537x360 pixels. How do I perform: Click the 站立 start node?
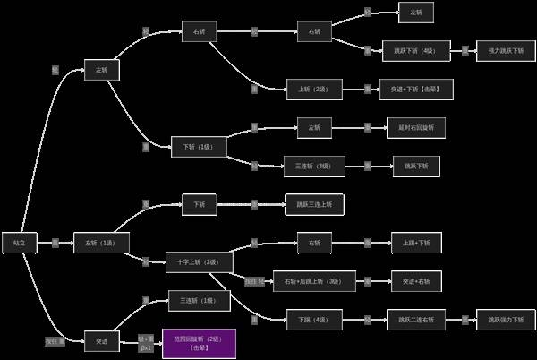tap(19, 242)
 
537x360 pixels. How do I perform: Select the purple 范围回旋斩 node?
tap(199, 343)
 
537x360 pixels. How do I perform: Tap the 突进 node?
tap(101, 340)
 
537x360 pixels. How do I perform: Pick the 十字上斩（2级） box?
tap(199, 262)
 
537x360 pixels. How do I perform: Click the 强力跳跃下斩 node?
tap(506, 50)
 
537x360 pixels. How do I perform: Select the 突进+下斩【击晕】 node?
tap(415, 90)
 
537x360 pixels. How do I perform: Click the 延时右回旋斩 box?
tap(415, 127)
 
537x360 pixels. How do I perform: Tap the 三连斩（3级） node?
tap(313, 166)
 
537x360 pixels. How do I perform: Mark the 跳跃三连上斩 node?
tap(313, 204)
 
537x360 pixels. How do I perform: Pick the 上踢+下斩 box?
tap(415, 243)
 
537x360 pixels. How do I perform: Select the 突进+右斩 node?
tap(415, 281)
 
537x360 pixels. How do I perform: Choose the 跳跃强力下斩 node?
tap(506, 319)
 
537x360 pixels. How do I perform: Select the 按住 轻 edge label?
tap(255, 281)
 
